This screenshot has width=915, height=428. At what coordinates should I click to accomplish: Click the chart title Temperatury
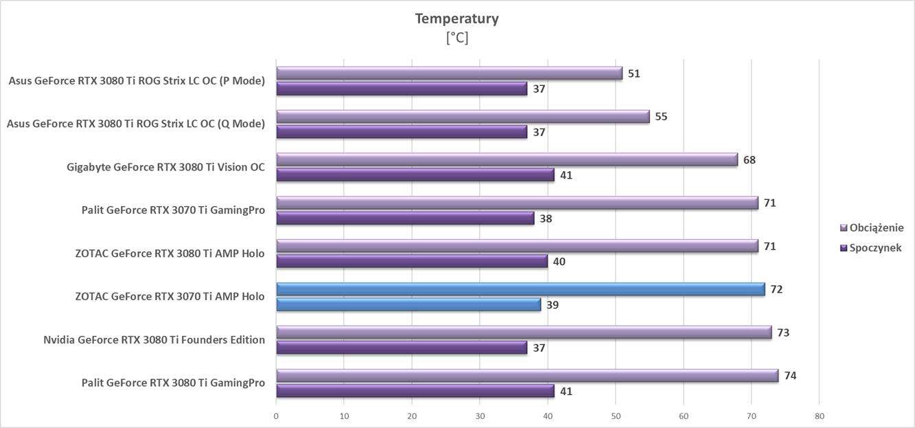pos(456,19)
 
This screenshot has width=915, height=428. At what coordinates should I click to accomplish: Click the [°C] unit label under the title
pos(456,38)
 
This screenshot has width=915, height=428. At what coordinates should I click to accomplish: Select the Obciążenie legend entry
pos(876,227)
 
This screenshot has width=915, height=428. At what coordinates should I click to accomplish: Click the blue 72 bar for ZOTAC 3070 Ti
pos(520,289)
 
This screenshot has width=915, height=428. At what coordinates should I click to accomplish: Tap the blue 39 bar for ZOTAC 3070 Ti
pos(408,304)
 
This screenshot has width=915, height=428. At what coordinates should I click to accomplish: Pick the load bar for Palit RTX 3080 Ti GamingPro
pos(527,376)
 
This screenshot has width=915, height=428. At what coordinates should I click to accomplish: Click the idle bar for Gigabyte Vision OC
pos(415,175)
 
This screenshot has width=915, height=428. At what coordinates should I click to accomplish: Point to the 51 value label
pos(634,74)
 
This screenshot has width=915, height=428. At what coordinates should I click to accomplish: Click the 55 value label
pos(661,117)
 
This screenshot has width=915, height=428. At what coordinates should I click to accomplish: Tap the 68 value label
pos(749,160)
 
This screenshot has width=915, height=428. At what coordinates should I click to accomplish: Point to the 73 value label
pos(783,333)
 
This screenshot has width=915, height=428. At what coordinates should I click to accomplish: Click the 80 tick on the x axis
pos(819,416)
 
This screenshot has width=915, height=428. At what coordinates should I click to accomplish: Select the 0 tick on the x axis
pos(276,416)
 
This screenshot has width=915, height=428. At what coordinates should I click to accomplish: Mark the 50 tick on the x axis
pos(616,416)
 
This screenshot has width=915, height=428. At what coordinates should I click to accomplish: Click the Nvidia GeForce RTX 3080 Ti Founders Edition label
pos(154,339)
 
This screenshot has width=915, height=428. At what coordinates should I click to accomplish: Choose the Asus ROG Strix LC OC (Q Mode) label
pos(135,124)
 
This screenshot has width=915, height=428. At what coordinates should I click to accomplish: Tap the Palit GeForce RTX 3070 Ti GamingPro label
pos(173,210)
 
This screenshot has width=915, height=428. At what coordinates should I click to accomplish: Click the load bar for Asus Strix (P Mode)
pos(449,74)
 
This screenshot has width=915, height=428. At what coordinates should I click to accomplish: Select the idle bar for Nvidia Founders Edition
pos(402,348)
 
